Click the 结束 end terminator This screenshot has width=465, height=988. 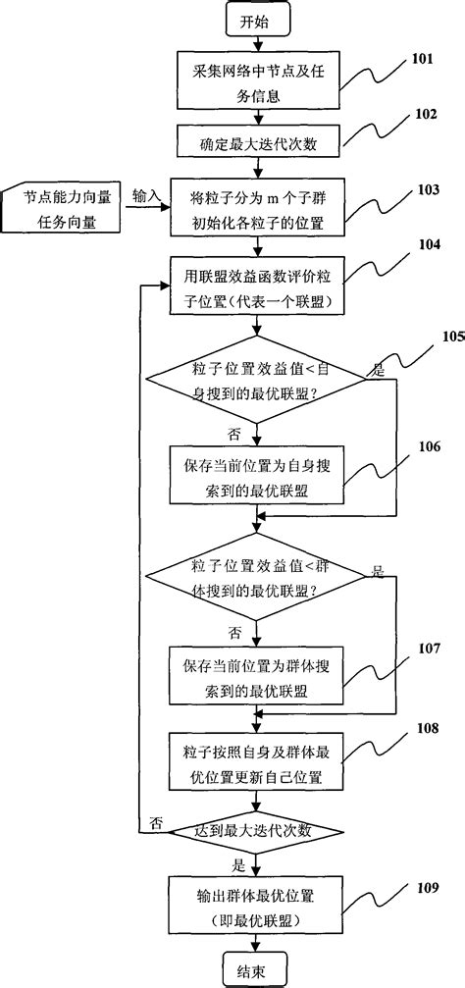(x=257, y=970)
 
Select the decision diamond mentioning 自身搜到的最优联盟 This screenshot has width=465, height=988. (x=256, y=379)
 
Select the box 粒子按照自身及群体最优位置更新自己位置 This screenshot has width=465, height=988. (x=257, y=760)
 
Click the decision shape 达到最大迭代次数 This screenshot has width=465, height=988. (x=256, y=832)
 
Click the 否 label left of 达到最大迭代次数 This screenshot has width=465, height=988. (x=156, y=820)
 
